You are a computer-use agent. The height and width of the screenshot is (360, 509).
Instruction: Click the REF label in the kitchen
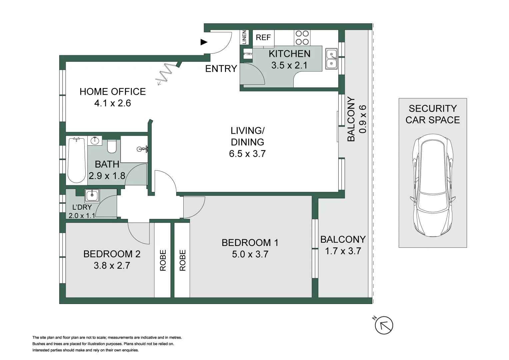[263, 37]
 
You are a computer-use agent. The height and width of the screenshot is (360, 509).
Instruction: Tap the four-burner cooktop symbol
[302, 38]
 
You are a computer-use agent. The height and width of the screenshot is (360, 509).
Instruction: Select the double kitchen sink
[331, 59]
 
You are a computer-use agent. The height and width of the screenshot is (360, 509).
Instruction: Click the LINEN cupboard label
[244, 37]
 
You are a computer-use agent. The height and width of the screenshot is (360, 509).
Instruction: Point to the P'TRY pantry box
[248, 54]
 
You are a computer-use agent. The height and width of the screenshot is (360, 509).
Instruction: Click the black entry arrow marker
[204, 42]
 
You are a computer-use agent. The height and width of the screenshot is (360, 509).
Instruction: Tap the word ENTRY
[221, 69]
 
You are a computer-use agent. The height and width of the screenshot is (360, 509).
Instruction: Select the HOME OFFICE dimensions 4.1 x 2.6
[113, 103]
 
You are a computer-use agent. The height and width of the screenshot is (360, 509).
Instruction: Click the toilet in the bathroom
[112, 146]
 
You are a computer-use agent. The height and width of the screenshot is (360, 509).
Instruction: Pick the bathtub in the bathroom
[77, 160]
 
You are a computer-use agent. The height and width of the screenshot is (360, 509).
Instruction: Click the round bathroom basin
[95, 141]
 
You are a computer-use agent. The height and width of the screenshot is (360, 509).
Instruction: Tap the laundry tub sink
[92, 195]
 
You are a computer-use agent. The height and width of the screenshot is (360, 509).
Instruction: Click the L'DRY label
[82, 207]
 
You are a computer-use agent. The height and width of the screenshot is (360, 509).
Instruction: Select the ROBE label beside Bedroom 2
[163, 260]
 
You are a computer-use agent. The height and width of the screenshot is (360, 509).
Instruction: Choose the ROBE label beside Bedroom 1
[182, 260]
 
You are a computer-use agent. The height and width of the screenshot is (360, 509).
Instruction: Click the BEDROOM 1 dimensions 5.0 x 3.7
[250, 254]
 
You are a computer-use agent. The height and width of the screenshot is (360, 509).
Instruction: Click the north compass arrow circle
[384, 325]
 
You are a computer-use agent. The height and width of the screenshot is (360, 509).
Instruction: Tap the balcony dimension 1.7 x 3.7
[343, 251]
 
